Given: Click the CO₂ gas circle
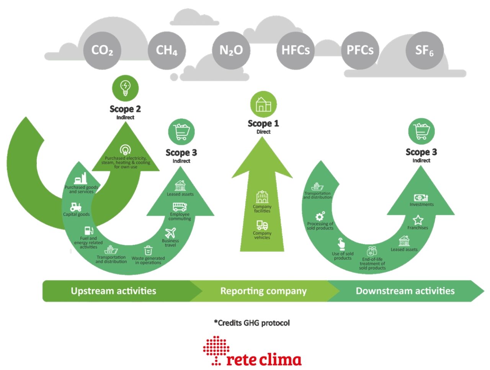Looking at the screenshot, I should pyautogui.click(x=102, y=50).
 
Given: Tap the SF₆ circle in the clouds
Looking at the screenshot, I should pyautogui.click(x=424, y=50).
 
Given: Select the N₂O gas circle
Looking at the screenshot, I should pyautogui.click(x=231, y=50).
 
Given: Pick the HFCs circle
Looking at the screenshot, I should pyautogui.click(x=296, y=50).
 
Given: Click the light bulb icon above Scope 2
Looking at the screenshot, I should pyautogui.click(x=125, y=88).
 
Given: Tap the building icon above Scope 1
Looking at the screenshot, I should pyautogui.click(x=263, y=104).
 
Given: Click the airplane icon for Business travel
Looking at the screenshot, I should pyautogui.click(x=170, y=233).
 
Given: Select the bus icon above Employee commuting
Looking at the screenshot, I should pyautogui.click(x=180, y=207).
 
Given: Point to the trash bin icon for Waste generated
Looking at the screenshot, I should pyautogui.click(x=148, y=251).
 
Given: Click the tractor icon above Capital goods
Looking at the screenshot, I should pyautogui.click(x=76, y=207).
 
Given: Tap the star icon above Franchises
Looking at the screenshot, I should pyautogui.click(x=418, y=220).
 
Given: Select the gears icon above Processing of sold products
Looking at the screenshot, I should pyautogui.click(x=320, y=216).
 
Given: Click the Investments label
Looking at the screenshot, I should pyautogui.click(x=421, y=204).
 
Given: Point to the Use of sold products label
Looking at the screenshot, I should pyautogui.click(x=343, y=256).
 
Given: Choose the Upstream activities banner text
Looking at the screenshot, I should pyautogui.click(x=113, y=291).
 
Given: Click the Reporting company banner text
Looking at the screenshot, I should pyautogui.click(x=263, y=291).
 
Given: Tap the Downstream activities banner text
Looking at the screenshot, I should pyautogui.click(x=405, y=291).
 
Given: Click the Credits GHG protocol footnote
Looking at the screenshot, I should pyautogui.click(x=252, y=323).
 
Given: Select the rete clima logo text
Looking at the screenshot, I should pyautogui.click(x=264, y=359).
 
